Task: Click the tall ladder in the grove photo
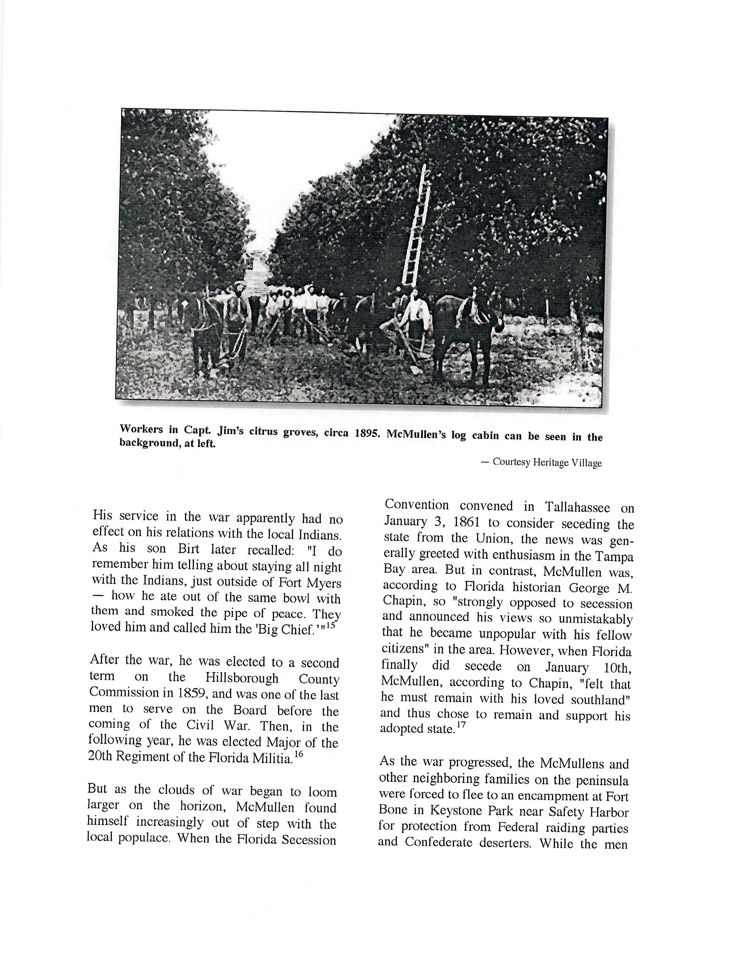(x=416, y=227)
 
